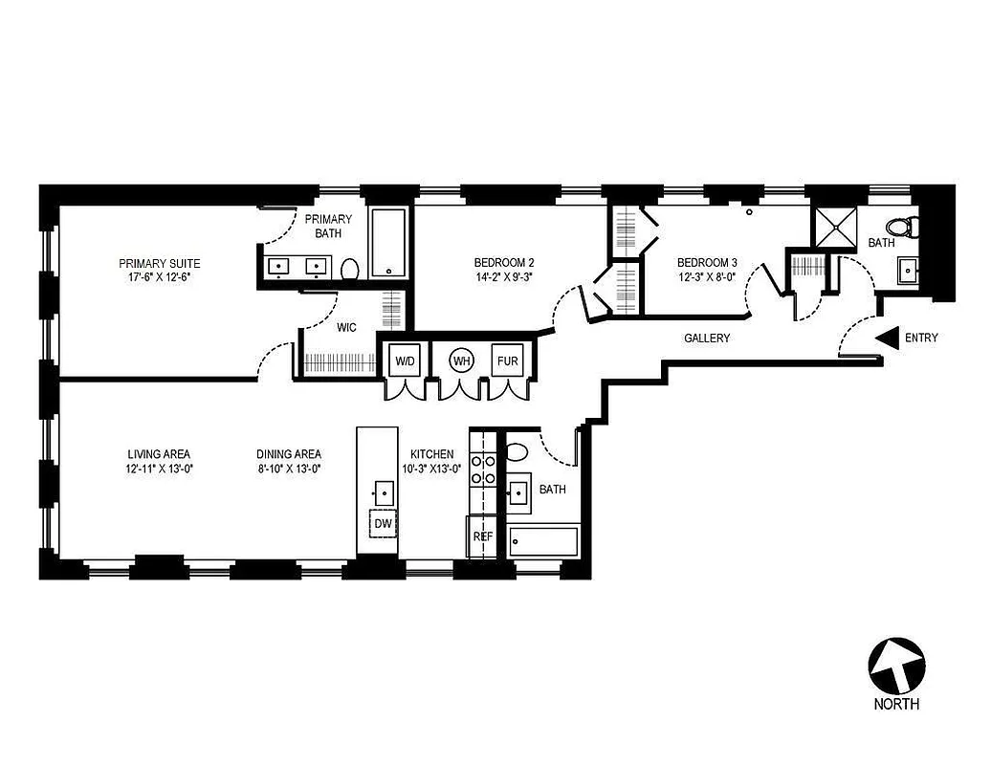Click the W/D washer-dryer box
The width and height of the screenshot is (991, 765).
406,361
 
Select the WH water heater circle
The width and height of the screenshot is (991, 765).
462,361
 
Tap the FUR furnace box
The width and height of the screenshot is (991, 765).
507,361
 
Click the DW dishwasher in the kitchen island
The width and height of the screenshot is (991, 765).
383,523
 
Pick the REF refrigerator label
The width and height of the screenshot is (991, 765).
483,536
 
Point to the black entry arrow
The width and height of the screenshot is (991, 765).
887,338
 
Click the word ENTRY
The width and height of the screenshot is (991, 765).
921,338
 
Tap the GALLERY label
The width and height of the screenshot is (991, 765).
707,339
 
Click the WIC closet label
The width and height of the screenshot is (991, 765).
346,328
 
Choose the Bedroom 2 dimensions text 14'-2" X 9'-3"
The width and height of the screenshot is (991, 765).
503,278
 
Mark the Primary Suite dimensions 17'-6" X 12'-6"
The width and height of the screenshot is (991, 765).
159,278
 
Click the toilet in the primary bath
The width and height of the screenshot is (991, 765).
349,270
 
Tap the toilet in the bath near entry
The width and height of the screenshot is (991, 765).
904,228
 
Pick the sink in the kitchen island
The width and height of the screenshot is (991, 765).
383,493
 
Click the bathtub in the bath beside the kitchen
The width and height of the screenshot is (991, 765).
543,541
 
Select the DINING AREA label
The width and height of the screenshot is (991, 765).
288,454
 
